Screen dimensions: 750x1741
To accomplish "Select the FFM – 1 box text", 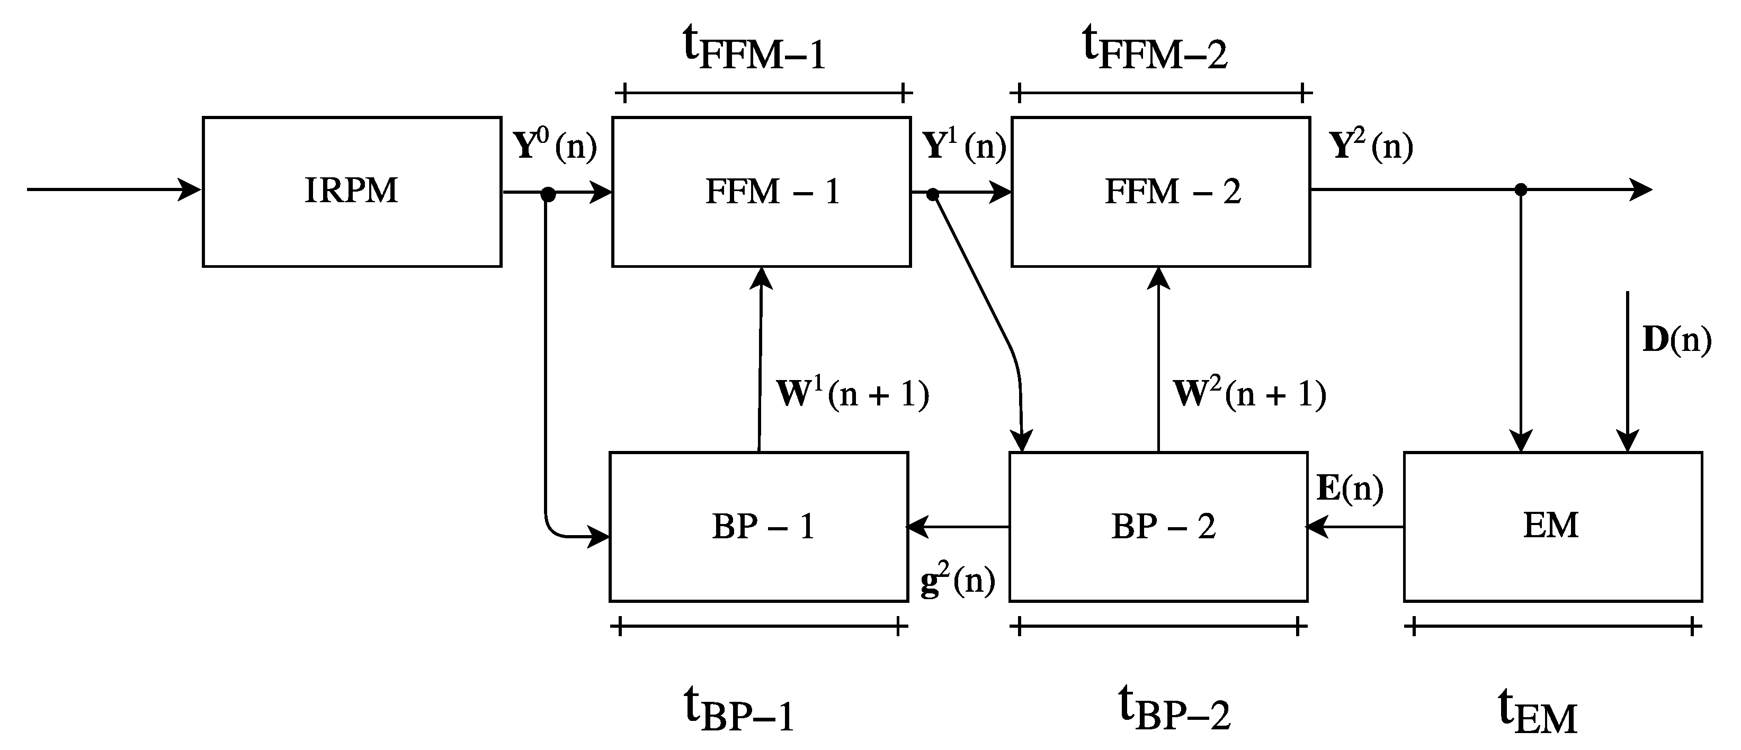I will (x=772, y=192).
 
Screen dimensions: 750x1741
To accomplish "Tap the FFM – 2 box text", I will (x=1173, y=192).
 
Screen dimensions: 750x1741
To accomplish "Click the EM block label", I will (x=1550, y=525).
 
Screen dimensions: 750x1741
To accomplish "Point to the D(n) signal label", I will (x=1676, y=340).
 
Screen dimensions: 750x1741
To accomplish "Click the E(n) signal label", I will (x=1350, y=488).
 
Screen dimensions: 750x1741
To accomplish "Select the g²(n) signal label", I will (x=958, y=581).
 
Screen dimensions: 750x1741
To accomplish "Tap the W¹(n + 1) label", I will (x=852, y=394).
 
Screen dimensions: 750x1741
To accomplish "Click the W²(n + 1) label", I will (x=1249, y=394).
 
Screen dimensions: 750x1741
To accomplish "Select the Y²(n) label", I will (x=1371, y=145).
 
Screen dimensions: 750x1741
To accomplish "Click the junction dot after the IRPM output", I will (x=548, y=195).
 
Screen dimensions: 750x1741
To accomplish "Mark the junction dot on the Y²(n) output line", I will (x=1521, y=190).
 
